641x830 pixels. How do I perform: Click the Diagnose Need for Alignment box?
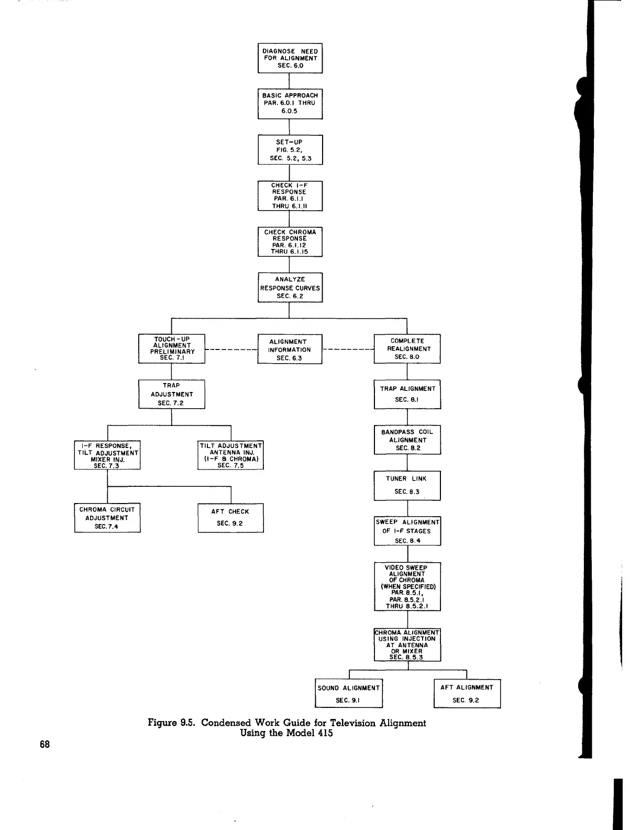point(290,58)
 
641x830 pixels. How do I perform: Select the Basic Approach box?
point(290,104)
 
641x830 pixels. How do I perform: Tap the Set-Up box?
point(290,150)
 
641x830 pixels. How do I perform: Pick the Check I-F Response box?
point(290,196)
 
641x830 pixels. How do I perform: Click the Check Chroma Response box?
point(290,242)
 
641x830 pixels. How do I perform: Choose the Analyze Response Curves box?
point(290,288)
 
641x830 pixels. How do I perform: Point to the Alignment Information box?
point(290,350)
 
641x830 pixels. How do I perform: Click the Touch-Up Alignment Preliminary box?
point(172,348)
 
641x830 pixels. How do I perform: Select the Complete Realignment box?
point(407,348)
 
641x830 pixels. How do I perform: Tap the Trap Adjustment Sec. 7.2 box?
point(172,394)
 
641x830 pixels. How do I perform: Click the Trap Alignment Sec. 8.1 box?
point(407,394)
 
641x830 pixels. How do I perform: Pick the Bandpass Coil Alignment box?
point(407,440)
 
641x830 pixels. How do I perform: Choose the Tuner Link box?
point(407,485)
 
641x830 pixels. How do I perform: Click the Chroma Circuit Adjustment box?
point(107,518)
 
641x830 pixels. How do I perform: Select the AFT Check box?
point(230,518)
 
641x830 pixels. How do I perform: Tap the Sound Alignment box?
point(349,694)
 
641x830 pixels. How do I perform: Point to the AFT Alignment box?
point(467,694)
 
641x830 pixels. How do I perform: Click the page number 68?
point(45,744)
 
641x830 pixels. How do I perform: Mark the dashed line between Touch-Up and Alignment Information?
point(231,348)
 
